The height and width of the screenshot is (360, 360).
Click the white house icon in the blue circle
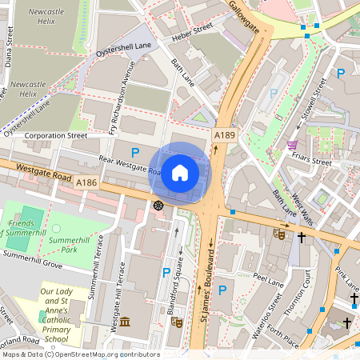click(180, 172)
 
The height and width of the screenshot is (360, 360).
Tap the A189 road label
click(224, 138)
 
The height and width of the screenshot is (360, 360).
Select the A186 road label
click(87, 183)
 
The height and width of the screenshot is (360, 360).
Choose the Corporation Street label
click(55, 136)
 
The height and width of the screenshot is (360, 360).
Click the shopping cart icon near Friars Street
click(293, 146)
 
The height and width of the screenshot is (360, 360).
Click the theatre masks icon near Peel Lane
click(279, 234)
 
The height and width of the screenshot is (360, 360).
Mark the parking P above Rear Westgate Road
click(135, 152)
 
